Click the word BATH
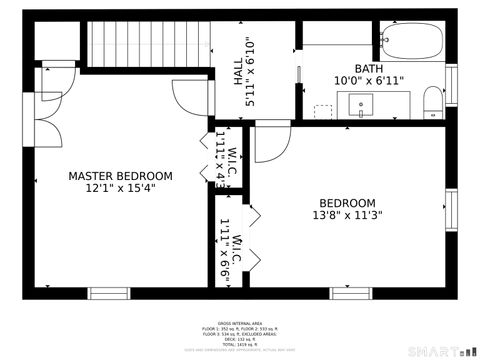point(368,69)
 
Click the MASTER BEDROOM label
point(120,176)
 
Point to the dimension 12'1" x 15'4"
point(120,189)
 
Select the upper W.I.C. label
point(231,160)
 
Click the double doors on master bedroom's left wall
point(43,120)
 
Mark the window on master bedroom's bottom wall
point(109,293)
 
